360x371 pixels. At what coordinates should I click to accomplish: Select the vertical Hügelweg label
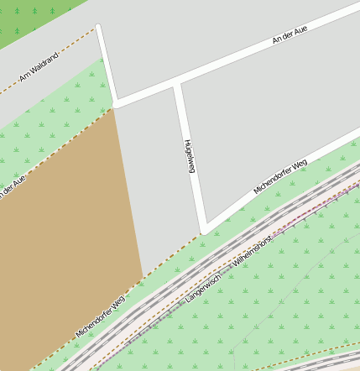(x=190, y=155)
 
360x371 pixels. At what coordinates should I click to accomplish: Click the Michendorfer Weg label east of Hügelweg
(x=280, y=175)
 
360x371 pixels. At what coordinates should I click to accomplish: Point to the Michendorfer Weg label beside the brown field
(x=100, y=316)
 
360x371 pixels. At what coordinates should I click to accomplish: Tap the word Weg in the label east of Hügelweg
(x=300, y=163)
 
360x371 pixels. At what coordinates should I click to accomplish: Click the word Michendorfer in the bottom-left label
(x=92, y=321)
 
